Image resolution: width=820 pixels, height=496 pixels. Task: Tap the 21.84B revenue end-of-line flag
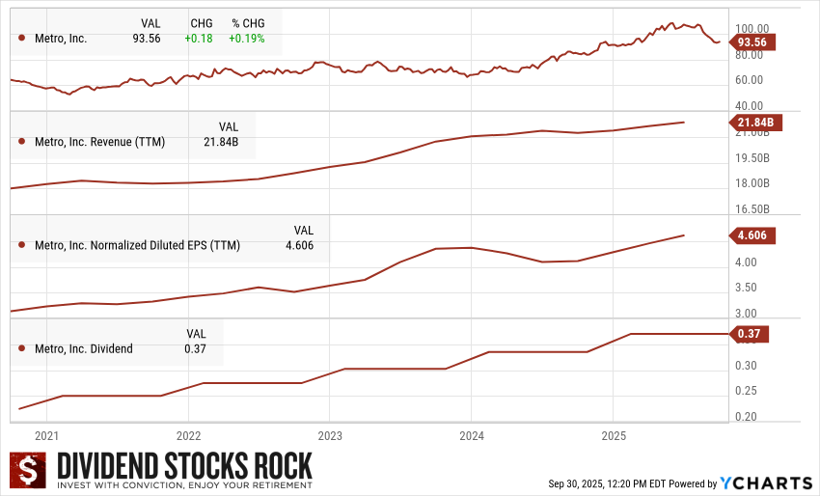click(x=753, y=122)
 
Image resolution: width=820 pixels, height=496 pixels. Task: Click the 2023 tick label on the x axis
click(x=330, y=435)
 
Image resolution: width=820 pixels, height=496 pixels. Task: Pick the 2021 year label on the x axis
click(x=46, y=435)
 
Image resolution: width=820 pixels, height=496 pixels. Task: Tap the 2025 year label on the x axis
click(x=614, y=435)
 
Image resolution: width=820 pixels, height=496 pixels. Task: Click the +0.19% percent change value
click(x=247, y=39)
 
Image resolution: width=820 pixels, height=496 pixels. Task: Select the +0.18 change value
click(x=200, y=39)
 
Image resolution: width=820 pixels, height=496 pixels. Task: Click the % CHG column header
click(x=248, y=22)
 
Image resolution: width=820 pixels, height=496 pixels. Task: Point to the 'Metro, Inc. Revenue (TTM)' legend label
click(x=99, y=142)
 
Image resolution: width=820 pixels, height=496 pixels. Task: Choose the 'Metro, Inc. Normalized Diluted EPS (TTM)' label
click(x=137, y=245)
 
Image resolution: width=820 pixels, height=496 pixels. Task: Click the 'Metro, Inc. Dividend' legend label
click(x=84, y=348)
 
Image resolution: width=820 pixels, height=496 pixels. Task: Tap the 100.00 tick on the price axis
click(x=752, y=30)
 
